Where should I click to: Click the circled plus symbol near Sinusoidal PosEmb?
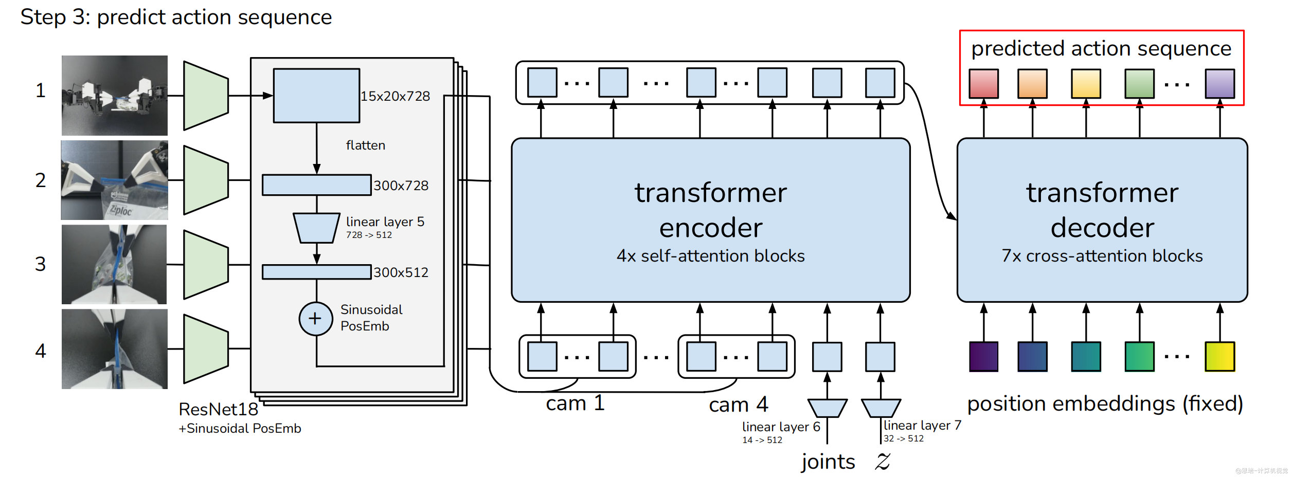point(315,319)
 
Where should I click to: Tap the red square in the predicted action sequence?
point(983,84)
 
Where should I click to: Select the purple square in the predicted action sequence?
point(1219,84)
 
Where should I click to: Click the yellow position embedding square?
point(1219,356)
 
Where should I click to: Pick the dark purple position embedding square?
point(983,356)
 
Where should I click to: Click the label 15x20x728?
point(395,96)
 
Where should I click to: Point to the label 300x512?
point(401,272)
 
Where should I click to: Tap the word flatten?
point(365,145)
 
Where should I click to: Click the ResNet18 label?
point(218,409)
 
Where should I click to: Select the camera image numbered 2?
point(114,180)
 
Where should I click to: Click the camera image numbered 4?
point(114,349)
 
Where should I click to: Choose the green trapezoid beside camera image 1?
point(206,96)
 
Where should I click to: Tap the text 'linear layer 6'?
point(781,427)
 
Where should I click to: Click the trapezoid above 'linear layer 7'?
point(881,408)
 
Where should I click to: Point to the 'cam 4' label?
point(738,405)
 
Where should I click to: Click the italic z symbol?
point(883,462)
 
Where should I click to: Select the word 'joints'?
point(828,462)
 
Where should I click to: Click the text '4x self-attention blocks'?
point(710,256)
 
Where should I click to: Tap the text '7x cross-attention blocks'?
point(1102,256)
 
